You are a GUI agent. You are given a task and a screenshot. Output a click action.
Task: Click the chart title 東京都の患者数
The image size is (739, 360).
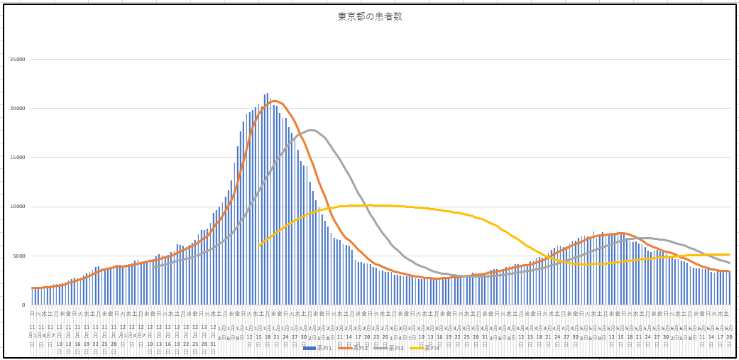pos(370,16)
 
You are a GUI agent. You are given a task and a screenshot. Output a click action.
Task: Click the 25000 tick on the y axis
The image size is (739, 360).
pos(16,60)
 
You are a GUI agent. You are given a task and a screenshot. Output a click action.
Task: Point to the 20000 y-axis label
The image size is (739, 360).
pos(16,109)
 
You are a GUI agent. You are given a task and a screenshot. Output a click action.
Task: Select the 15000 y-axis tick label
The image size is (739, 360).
pos(16,158)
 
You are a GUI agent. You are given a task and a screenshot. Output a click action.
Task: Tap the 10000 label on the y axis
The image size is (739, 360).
pos(16,207)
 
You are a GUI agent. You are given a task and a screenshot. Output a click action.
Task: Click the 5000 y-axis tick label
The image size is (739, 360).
pos(18,256)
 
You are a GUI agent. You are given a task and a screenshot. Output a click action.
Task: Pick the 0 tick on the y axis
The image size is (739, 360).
pos(23,305)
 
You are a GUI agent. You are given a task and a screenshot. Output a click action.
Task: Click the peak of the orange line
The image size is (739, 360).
pos(275,102)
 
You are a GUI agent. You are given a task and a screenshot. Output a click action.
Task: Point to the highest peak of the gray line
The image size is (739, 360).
pos(312,130)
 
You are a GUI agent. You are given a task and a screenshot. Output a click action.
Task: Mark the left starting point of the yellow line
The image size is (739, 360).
pos(260,246)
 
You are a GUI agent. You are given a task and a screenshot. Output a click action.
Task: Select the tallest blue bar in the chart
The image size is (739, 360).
pos(267,94)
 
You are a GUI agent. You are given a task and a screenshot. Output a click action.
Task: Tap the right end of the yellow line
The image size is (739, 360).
pos(729,254)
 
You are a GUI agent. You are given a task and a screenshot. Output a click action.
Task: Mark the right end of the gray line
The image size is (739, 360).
pos(729,263)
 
